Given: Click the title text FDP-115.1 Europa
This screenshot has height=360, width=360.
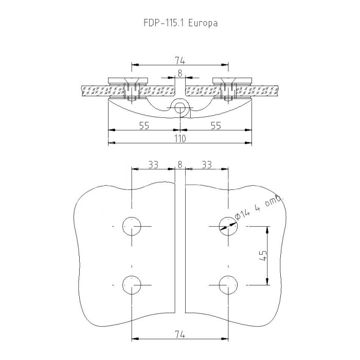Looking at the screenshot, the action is pos(181,23).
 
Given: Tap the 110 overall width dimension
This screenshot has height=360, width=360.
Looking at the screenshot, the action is pos(180,138).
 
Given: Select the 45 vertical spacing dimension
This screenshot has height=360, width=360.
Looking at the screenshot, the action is pos(263,255).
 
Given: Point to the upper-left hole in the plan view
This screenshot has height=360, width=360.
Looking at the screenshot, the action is pos(132,226).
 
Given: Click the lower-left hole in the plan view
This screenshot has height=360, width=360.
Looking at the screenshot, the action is pos(132,285).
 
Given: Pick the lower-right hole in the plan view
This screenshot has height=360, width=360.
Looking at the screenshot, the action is pos(228,285).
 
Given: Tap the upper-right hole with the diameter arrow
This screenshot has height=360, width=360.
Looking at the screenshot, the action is pos(228,226).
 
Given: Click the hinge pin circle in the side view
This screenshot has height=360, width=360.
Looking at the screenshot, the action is pos(180,108).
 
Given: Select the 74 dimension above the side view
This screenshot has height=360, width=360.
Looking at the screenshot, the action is pos(180,61).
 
